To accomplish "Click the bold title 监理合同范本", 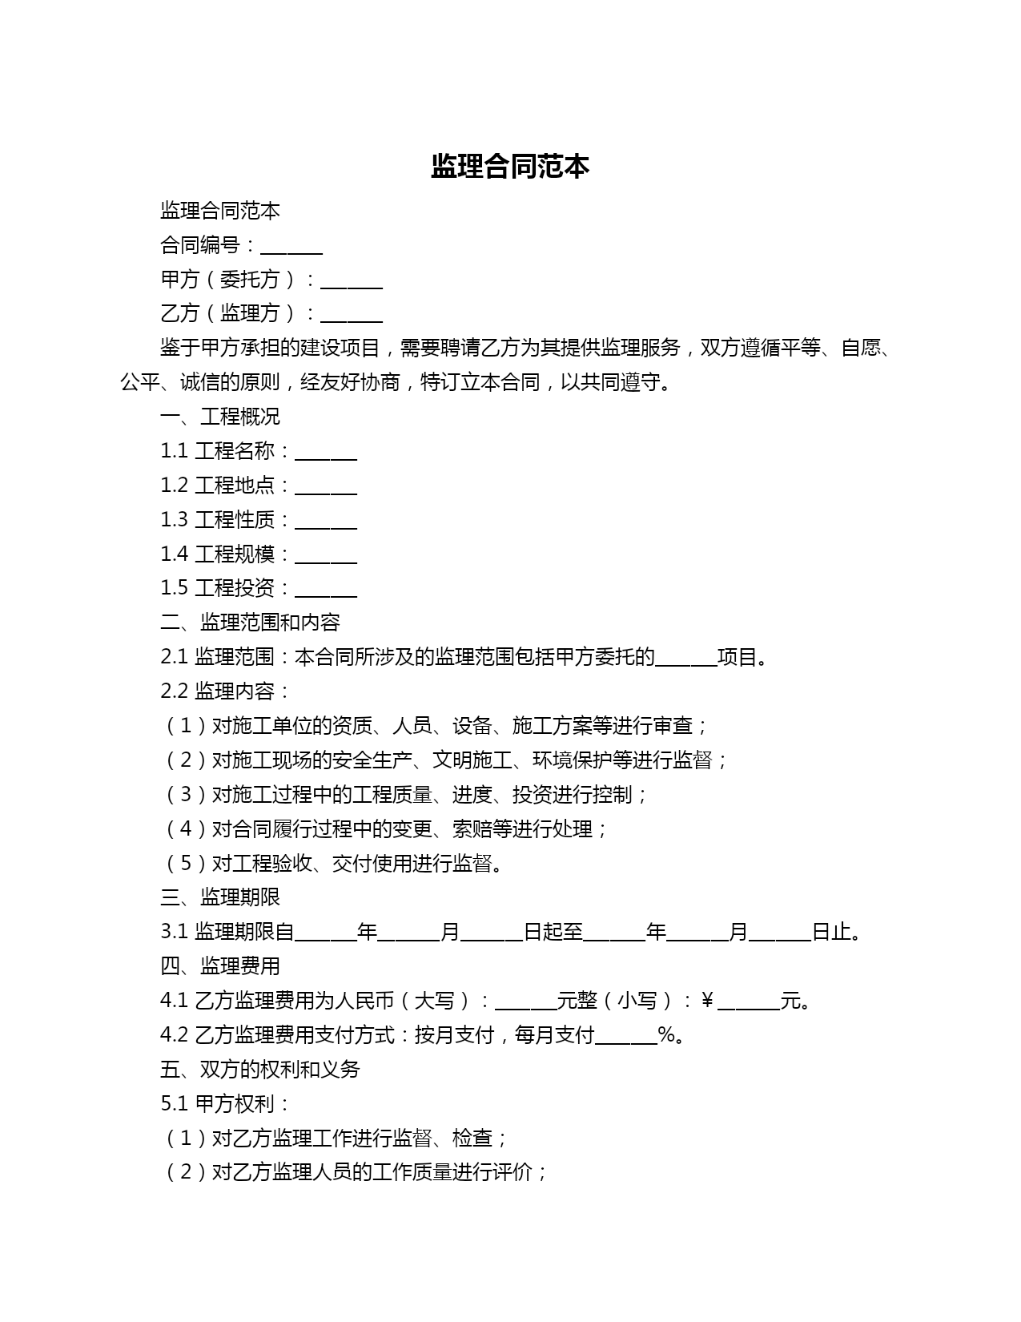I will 510,167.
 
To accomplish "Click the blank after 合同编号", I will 291,247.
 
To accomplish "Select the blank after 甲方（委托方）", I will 351,281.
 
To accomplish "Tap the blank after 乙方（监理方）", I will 351,316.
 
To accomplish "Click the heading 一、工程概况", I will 220,417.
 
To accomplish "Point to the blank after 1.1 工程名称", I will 326,453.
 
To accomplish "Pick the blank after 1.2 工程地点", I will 326,488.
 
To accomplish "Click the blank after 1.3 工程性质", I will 326,522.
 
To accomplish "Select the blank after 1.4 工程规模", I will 326,557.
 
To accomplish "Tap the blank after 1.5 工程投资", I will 326,591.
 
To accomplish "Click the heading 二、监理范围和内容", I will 250,623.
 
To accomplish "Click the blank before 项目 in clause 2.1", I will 686,659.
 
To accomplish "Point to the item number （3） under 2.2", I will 185,795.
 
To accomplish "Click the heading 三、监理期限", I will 220,897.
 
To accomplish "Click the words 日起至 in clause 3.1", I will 553,932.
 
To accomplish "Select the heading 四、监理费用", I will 220,966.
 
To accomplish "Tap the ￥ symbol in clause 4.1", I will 707,1001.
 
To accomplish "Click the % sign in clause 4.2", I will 667,1035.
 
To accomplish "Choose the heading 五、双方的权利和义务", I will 260,1070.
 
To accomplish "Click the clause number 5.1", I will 174,1104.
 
